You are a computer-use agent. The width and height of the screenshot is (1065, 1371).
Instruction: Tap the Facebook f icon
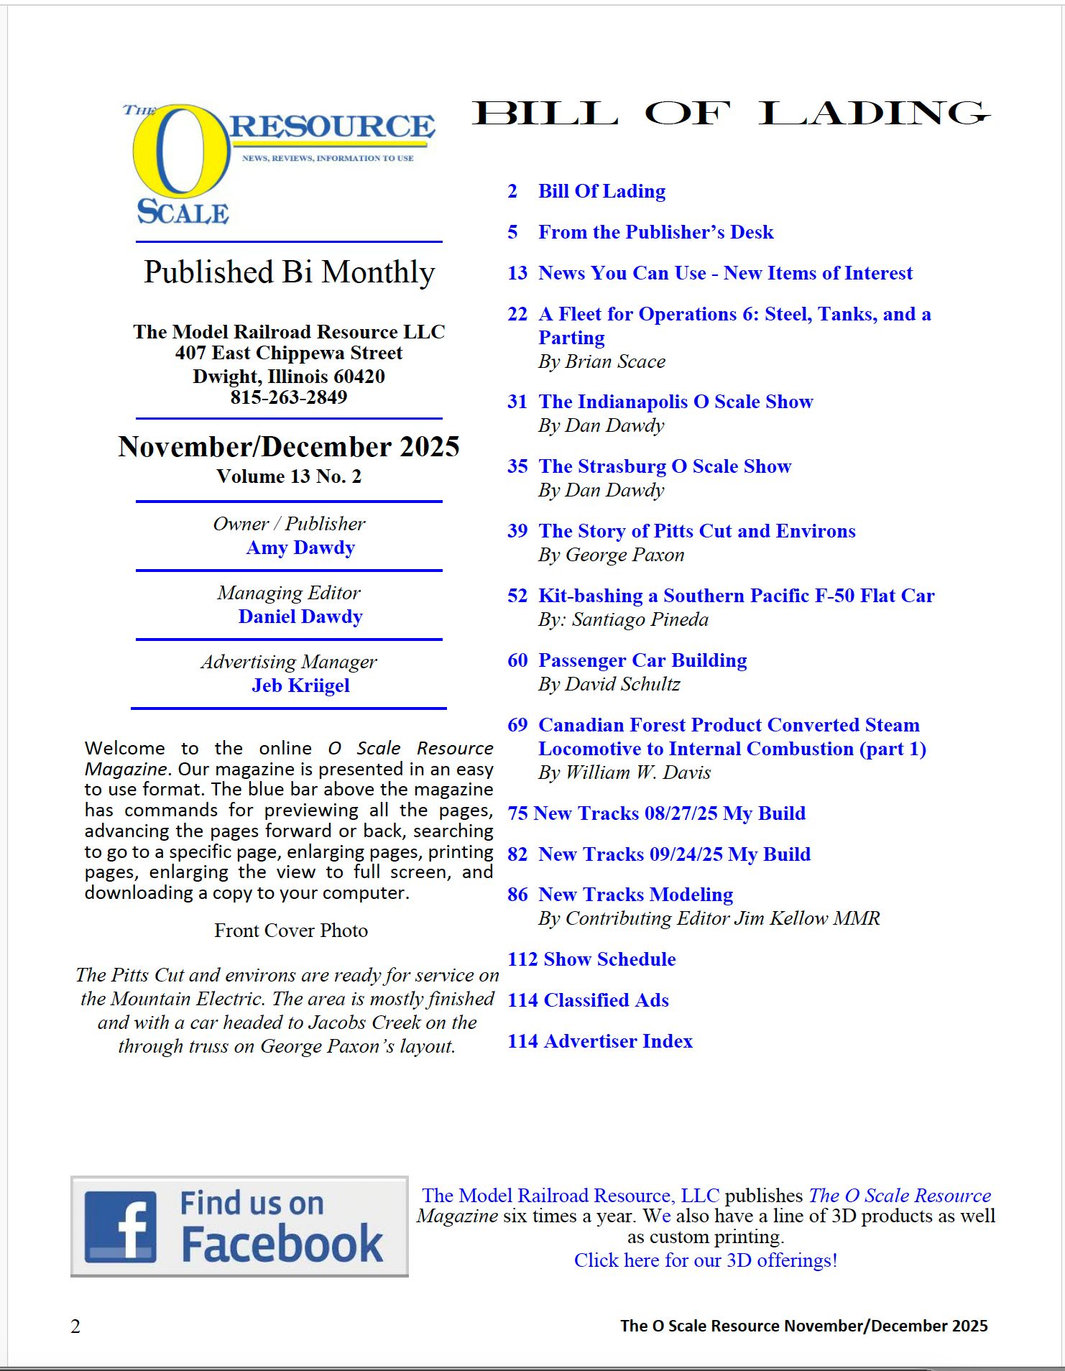tap(120, 1227)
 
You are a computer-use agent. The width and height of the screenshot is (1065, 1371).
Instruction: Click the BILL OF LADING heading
tap(730, 114)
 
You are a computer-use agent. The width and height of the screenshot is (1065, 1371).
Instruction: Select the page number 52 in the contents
tap(517, 596)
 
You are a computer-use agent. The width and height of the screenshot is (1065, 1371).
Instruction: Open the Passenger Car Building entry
tap(642, 660)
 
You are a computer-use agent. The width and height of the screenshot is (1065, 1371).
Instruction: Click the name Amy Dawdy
tap(300, 548)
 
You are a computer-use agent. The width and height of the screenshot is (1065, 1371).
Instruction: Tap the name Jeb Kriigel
tap(300, 685)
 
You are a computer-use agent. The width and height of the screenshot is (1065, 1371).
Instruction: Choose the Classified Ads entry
tap(606, 1000)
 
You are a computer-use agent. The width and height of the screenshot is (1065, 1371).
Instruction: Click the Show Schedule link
tap(609, 959)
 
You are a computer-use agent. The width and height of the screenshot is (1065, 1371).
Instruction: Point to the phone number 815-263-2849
tap(289, 397)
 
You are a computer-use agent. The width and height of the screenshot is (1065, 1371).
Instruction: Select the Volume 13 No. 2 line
tap(289, 476)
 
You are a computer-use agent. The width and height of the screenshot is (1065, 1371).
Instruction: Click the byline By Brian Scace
tap(601, 361)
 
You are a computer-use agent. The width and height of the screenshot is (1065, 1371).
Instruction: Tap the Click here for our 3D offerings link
tap(706, 1260)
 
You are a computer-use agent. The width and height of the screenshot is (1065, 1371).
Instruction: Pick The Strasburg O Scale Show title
tap(665, 466)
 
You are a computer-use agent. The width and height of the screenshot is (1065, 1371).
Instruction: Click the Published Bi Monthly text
tap(289, 272)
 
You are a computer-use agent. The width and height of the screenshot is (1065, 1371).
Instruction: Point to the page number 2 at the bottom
tap(75, 1326)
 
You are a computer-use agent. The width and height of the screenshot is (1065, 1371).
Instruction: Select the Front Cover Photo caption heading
tap(291, 931)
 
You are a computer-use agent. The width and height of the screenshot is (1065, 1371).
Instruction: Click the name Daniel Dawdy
tap(300, 617)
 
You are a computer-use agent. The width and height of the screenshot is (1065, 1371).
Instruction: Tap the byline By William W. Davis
tap(624, 772)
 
